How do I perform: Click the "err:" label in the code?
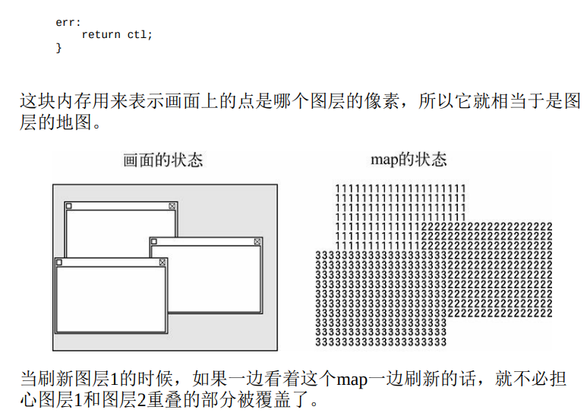click(x=68, y=22)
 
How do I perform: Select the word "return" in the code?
click(x=100, y=35)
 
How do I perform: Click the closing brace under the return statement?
click(x=58, y=48)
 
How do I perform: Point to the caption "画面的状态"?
click(x=163, y=160)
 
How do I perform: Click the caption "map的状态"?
click(x=408, y=160)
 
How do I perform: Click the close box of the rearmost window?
click(x=172, y=206)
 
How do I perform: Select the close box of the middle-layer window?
click(x=257, y=241)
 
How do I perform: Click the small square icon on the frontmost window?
click(x=59, y=262)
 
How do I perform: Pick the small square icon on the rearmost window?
click(x=69, y=206)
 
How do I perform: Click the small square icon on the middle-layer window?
click(x=154, y=241)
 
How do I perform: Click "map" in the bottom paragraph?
click(x=352, y=379)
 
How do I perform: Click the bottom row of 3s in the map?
click(x=380, y=342)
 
